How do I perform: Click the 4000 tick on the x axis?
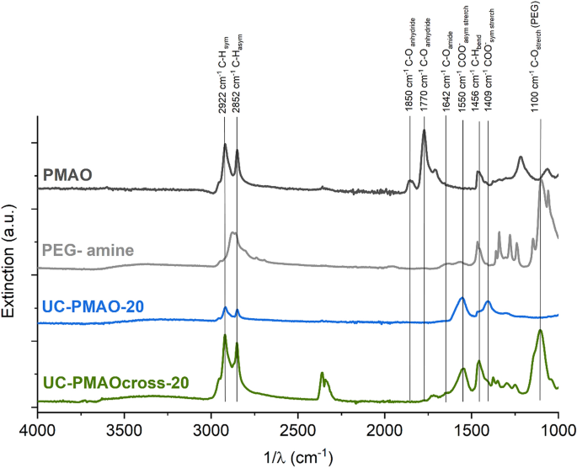(x=36, y=428)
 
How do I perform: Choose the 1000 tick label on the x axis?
(x=558, y=428)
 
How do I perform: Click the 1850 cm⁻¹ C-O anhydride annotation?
(x=410, y=71)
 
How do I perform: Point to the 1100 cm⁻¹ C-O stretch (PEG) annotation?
(x=540, y=59)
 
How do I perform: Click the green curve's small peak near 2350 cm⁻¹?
(x=322, y=373)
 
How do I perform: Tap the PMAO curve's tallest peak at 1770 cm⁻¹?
(x=424, y=130)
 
